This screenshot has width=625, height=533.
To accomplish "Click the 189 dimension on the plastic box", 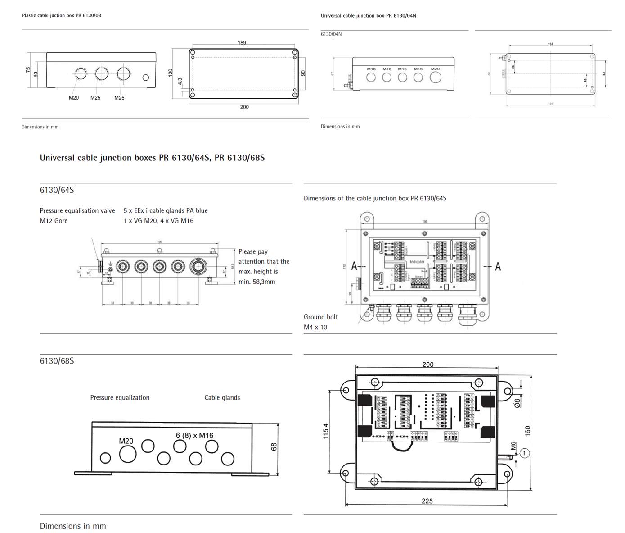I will [x=242, y=43].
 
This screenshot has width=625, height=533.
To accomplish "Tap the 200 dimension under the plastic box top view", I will [x=244, y=107].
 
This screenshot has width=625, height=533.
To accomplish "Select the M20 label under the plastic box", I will [x=74, y=98].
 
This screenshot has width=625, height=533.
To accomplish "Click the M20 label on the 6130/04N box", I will [x=435, y=69].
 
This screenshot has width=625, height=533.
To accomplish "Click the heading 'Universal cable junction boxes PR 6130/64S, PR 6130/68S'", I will [x=152, y=158].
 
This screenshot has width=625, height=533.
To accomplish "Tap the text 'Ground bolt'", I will [x=320, y=317].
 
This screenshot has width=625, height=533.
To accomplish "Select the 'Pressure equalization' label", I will [x=120, y=397].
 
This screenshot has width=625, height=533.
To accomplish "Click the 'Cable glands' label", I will [x=222, y=397].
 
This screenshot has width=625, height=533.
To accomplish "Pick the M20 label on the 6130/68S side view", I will [x=126, y=441].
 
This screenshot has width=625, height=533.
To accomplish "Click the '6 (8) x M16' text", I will [x=194, y=436].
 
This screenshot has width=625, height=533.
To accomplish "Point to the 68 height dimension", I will [x=274, y=447].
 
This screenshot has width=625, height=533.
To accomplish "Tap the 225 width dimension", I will [x=427, y=501].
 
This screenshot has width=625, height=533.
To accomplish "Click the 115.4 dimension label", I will [x=326, y=431].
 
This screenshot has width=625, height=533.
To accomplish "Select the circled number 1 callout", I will [x=524, y=453].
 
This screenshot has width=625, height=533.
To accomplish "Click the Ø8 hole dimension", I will [x=517, y=402].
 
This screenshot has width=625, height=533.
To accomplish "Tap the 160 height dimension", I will [x=527, y=431].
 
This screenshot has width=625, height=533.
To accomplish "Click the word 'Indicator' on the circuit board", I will [x=417, y=262].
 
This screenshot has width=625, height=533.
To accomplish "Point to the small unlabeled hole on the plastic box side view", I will [x=145, y=77].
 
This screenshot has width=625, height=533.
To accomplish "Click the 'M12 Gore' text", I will [x=54, y=221].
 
